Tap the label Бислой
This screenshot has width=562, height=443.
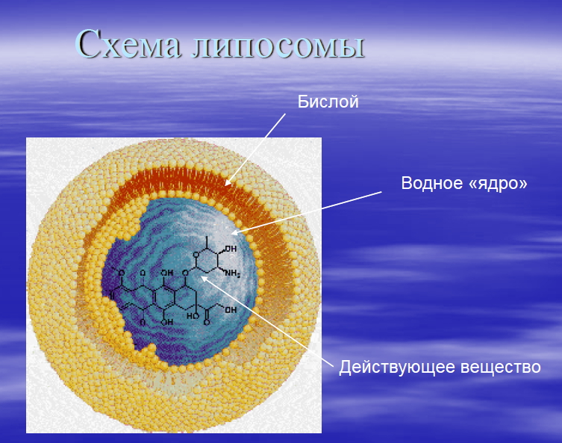(328, 102)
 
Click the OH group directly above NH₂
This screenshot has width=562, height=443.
(231, 248)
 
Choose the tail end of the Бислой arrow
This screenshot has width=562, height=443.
(285, 115)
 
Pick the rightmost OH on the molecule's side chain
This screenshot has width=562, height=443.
(231, 309)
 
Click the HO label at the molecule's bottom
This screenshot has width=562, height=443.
(193, 315)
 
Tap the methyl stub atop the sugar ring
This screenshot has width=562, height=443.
(201, 239)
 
